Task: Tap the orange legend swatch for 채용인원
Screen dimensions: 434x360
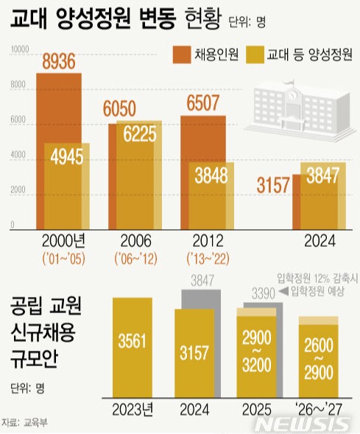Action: point(181,54)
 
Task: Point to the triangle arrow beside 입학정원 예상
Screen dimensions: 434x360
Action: point(283,293)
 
